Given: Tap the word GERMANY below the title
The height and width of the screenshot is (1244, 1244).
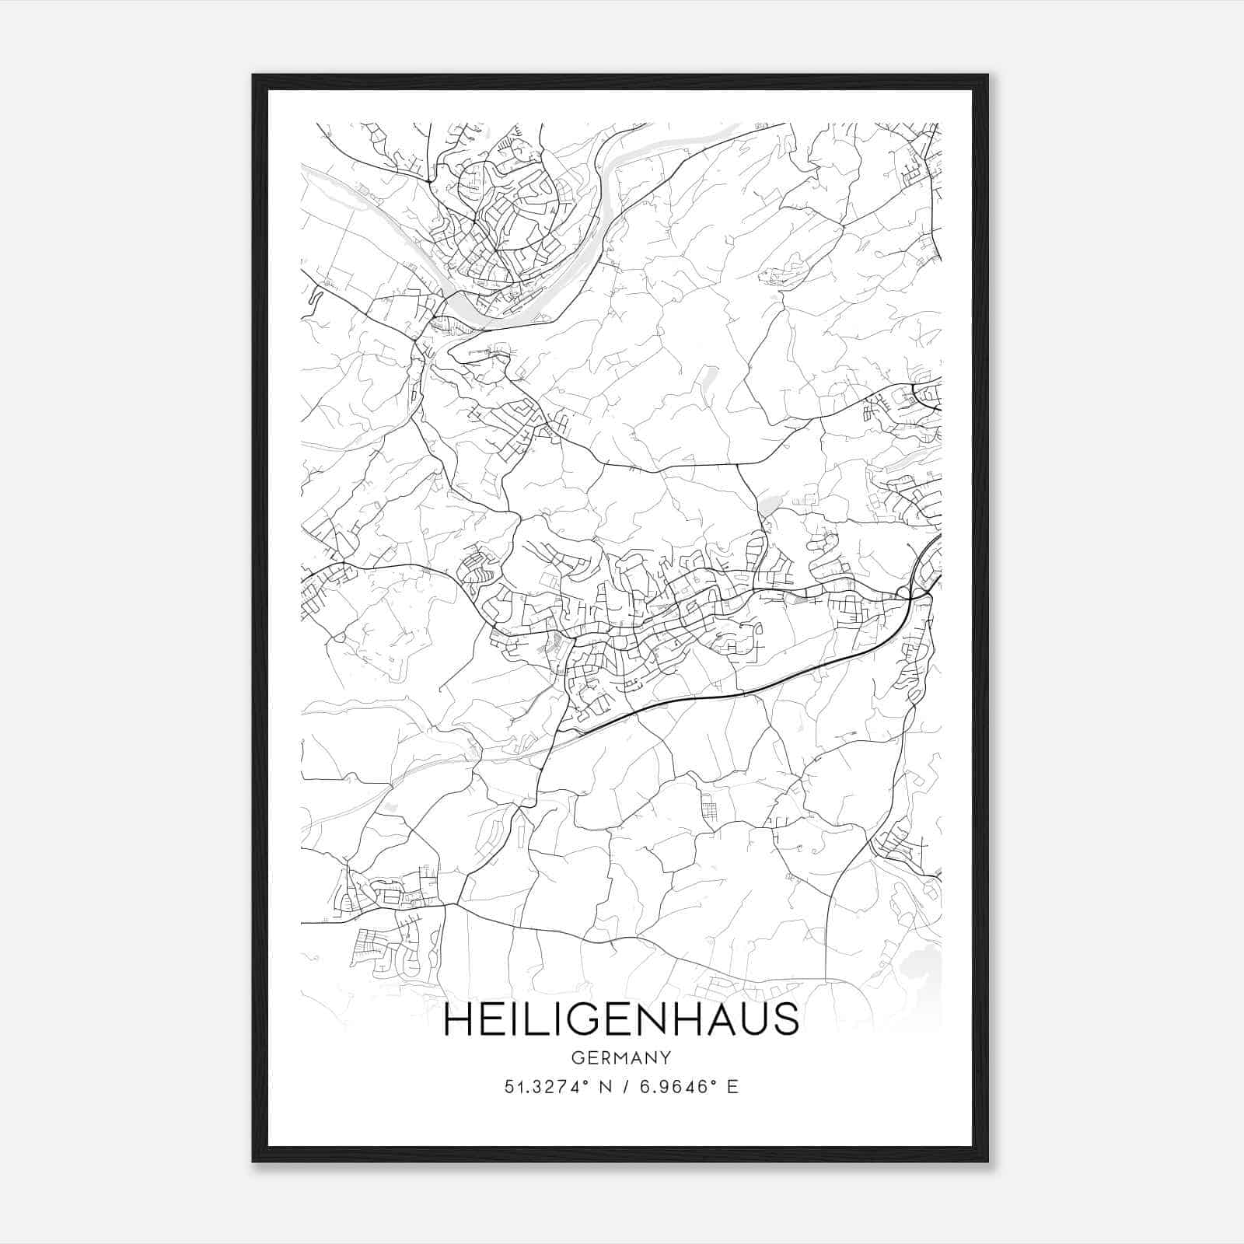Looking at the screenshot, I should tap(620, 1058).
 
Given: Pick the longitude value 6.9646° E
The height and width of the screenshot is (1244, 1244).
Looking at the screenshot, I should tap(688, 1087).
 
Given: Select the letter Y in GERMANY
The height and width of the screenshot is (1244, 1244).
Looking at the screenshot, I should tap(666, 1058).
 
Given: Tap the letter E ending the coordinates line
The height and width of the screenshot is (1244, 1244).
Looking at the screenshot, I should tap(732, 1087).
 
